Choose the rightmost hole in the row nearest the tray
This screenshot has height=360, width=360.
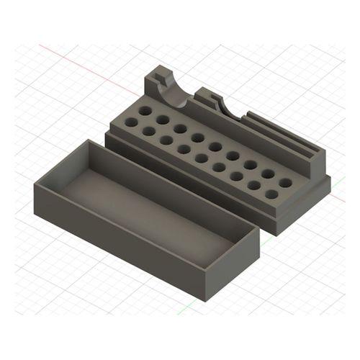271,194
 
